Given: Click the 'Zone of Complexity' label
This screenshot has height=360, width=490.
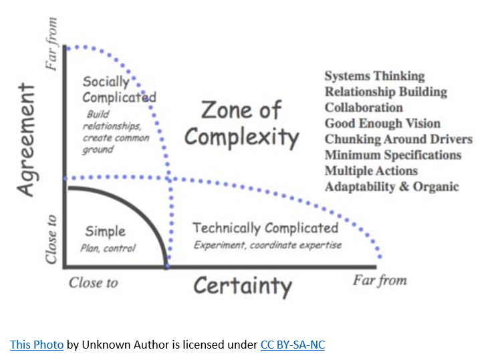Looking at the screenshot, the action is (x=241, y=124).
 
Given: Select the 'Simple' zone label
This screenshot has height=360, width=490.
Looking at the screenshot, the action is (x=106, y=232).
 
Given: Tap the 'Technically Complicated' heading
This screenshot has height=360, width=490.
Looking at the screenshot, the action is (x=265, y=228).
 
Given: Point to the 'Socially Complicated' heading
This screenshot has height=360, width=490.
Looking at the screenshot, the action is (x=120, y=90).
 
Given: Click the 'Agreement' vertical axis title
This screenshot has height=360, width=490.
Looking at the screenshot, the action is (x=27, y=139).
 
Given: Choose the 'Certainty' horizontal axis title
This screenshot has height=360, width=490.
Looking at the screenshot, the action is (x=243, y=286).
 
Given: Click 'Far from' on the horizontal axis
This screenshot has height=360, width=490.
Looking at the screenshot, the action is (x=380, y=280).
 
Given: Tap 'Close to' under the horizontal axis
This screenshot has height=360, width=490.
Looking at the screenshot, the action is (x=93, y=283).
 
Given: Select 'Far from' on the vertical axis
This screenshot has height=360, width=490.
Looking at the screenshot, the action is (x=51, y=43).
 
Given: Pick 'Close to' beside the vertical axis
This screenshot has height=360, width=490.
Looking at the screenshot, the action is (x=51, y=240).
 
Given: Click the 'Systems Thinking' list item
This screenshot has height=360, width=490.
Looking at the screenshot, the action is (x=375, y=76).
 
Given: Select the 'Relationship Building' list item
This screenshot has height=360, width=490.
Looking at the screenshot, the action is (x=386, y=92).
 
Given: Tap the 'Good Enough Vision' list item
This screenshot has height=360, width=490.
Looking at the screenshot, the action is (x=382, y=123).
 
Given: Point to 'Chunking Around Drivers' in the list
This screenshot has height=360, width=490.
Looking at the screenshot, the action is (x=398, y=139).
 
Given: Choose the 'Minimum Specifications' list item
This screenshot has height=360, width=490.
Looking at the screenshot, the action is (x=393, y=155).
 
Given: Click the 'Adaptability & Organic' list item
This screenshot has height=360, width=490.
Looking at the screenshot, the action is (x=392, y=187).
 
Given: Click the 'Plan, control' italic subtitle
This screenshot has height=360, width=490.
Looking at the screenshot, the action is (x=108, y=248).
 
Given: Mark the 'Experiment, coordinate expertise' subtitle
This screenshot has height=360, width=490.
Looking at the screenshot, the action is (x=268, y=245).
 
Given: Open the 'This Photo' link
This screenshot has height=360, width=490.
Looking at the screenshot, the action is (x=37, y=345).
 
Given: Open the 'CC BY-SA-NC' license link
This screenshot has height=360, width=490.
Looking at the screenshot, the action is (x=293, y=345).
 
